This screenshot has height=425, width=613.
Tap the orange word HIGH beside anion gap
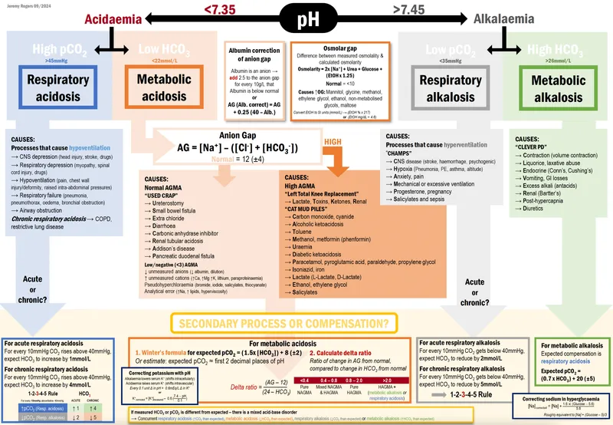[x=332, y=142]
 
